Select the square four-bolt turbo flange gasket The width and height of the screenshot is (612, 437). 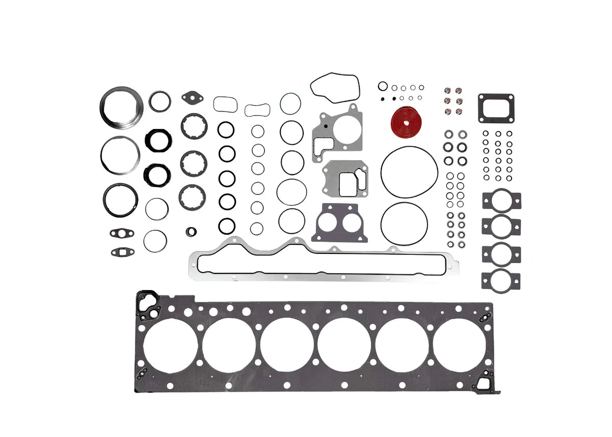(496, 108)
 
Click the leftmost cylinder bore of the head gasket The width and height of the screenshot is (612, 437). (170, 345)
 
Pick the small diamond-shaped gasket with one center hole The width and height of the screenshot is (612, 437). (192, 97)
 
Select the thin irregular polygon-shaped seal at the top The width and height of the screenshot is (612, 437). (335, 87)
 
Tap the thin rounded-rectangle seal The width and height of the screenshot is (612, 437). (225, 104)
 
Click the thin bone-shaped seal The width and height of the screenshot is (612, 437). (257, 110)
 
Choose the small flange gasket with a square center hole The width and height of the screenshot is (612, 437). (121, 251)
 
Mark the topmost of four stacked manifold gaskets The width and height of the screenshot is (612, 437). (501, 200)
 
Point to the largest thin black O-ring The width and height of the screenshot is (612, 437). (409, 172)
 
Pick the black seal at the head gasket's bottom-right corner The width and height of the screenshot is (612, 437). (484, 382)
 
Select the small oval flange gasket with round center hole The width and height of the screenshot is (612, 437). (121, 233)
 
